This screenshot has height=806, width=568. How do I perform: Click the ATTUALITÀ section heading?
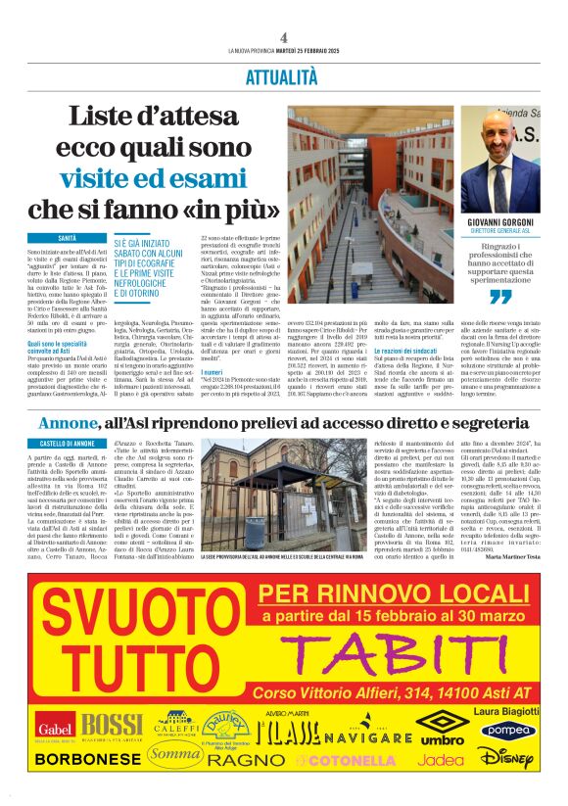[282, 75]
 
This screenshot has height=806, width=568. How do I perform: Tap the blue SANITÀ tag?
[68, 238]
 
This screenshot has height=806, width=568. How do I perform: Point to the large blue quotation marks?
[500, 296]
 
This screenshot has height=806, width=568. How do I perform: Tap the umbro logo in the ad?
[442, 730]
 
